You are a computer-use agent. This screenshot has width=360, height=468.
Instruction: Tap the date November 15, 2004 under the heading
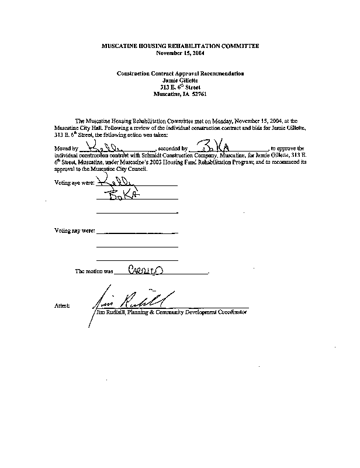coord(180,53)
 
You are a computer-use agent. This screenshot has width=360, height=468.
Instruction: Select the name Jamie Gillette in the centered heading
coord(180,81)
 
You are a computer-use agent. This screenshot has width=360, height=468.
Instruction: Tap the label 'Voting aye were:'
coord(73,183)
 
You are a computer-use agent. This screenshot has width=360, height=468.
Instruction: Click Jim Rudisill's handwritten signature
coord(132,300)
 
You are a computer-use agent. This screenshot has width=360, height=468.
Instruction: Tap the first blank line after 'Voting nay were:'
coord(137,233)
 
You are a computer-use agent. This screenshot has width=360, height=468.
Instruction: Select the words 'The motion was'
coord(94,272)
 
